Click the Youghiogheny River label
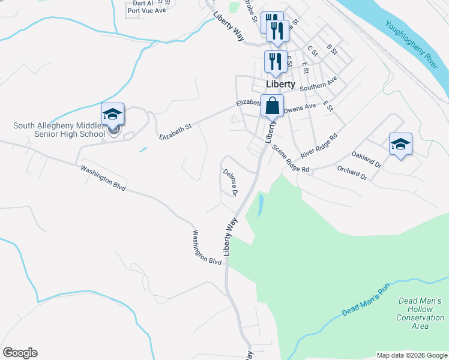pos(414,43)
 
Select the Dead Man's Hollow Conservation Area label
pos(420,313)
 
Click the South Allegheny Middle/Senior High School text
pos(59,130)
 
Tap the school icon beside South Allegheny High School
pos(112,114)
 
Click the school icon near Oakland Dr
pos(400,144)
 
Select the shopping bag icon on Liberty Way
pos(272,105)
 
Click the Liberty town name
pos(281,85)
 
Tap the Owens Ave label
pos(300,109)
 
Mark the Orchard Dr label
pos(352,173)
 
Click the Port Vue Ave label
pos(146,10)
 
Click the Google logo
pos(20,353)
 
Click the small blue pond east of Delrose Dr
pos(261,206)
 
